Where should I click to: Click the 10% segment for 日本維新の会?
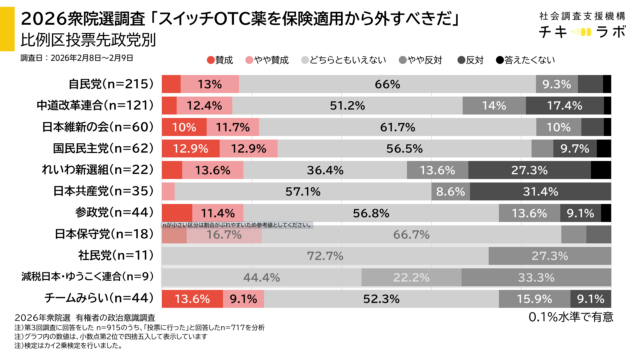pyautogui.click(x=184, y=127)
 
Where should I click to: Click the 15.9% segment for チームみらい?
pyautogui.click(x=529, y=298)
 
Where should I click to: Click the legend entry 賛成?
pyautogui.click(x=221, y=62)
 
